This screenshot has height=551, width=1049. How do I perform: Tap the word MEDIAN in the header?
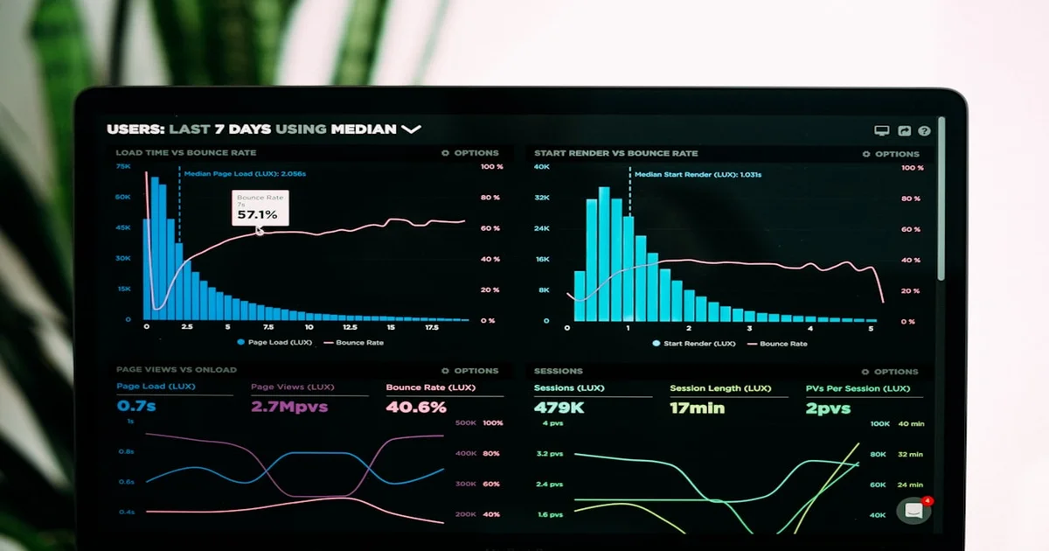click(x=363, y=129)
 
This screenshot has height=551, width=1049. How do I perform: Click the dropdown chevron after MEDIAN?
click(x=411, y=129)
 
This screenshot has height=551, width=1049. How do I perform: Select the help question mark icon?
click(x=924, y=131)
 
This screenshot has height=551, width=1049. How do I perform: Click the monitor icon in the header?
click(x=881, y=131)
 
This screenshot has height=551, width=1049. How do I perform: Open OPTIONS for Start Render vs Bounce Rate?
click(x=891, y=154)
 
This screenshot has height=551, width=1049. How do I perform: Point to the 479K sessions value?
click(x=559, y=408)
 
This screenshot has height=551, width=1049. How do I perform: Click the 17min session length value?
click(x=697, y=408)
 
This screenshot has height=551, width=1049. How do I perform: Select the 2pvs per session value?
click(x=828, y=408)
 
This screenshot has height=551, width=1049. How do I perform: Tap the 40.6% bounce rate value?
click(x=416, y=407)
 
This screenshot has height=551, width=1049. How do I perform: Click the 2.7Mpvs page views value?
click(x=289, y=407)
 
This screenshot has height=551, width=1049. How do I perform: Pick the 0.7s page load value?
click(x=136, y=407)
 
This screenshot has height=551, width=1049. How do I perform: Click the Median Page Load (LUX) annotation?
click(x=245, y=174)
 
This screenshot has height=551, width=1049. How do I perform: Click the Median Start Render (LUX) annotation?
click(x=698, y=175)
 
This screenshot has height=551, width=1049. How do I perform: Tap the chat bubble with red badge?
click(x=914, y=511)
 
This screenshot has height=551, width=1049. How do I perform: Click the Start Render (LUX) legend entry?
click(x=694, y=344)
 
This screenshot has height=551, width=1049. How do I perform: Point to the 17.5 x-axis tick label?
click(x=431, y=327)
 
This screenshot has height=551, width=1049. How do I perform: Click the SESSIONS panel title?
click(x=558, y=371)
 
